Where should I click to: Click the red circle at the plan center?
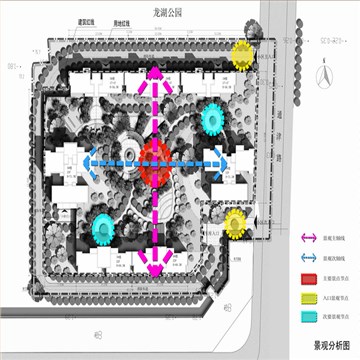(x=154, y=160)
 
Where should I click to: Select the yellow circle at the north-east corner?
(x=243, y=54)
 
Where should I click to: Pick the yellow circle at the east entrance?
(x=235, y=222)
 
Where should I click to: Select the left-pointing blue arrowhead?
(x=88, y=160)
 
